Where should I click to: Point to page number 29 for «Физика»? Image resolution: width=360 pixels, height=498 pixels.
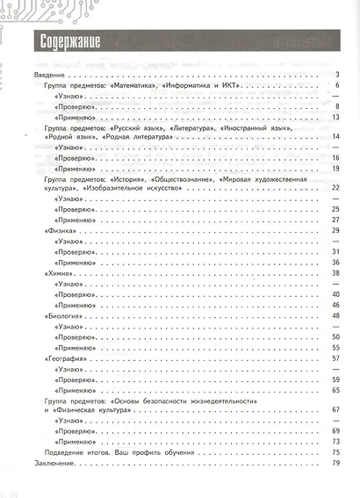coord(335,230)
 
